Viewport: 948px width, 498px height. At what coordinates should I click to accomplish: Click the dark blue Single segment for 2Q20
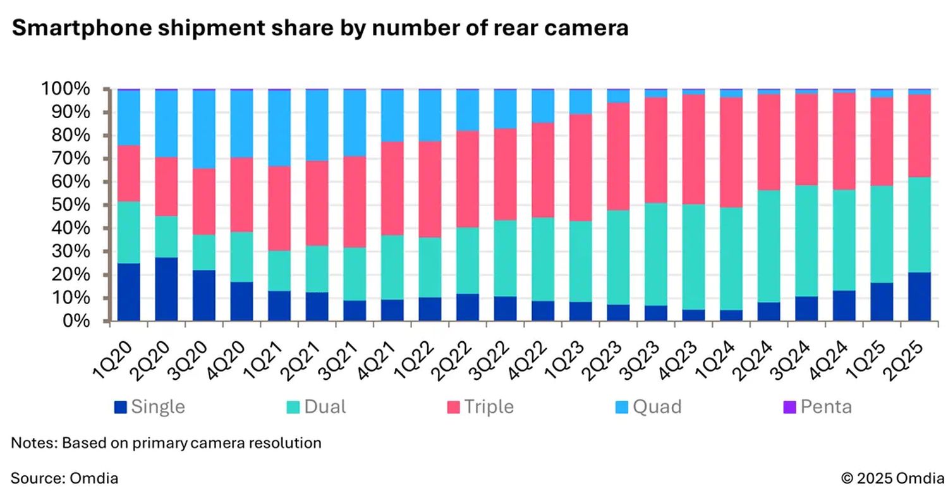tap(167, 289)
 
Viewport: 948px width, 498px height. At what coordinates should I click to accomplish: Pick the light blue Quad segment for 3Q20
tap(204, 129)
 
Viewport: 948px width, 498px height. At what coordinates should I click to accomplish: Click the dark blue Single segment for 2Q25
tap(919, 296)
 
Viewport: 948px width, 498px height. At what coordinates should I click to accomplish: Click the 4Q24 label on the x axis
tap(868, 355)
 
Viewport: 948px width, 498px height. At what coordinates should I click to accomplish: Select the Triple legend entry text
tap(489, 407)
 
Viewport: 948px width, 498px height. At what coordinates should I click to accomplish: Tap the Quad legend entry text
tap(657, 407)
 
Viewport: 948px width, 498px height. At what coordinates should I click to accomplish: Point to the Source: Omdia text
tap(64, 478)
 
